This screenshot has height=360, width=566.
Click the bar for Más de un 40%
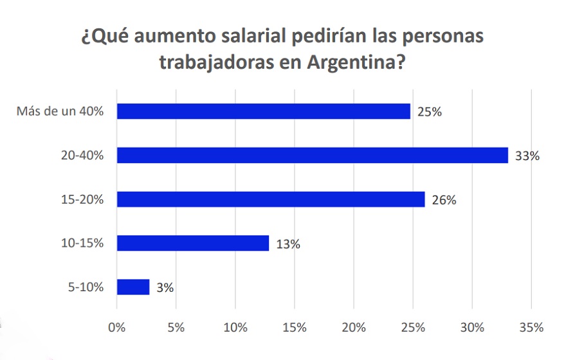click(264, 111)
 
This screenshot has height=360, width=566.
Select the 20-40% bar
click(313, 155)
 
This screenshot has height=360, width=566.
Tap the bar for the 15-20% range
click(271, 199)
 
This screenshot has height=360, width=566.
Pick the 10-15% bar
click(193, 243)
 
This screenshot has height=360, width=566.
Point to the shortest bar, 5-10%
click(133, 287)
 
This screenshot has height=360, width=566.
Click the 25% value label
click(429, 112)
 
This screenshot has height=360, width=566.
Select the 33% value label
click(527, 156)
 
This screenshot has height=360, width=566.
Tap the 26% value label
click(444, 200)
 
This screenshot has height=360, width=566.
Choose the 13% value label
click(288, 244)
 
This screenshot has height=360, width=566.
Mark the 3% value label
click(165, 288)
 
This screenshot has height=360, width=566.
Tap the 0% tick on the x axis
click(117, 327)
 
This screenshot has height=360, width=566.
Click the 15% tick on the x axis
click(295, 327)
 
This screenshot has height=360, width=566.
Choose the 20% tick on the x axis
click(354, 327)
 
